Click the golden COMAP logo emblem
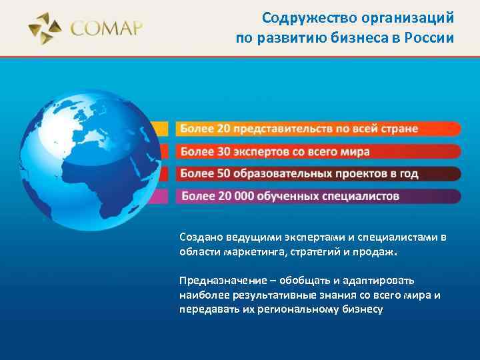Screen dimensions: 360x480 [x=45, y=28]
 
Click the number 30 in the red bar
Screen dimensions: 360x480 [x=224, y=151]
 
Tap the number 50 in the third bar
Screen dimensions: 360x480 [x=224, y=174]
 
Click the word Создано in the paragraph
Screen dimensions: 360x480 [x=198, y=237]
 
